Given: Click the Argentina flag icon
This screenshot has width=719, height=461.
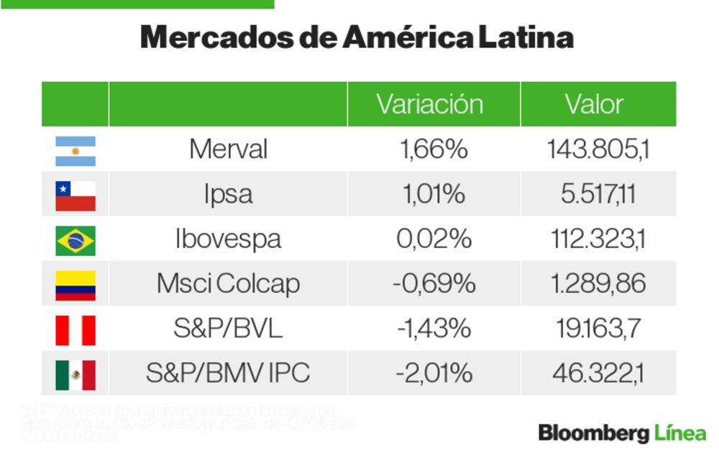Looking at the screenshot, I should [x=75, y=150].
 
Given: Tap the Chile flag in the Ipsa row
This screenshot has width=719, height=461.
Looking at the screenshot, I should [x=75, y=195].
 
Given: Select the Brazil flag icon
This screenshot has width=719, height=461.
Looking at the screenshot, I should [x=75, y=240].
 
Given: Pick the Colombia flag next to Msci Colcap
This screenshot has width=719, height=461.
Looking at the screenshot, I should [x=75, y=285].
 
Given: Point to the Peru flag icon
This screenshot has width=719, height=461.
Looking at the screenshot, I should [x=75, y=330].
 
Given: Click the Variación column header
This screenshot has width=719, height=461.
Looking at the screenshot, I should [x=430, y=104].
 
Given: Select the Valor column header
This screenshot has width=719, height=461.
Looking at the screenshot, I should [x=595, y=104].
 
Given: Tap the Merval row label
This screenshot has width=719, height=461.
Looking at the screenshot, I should [x=228, y=150].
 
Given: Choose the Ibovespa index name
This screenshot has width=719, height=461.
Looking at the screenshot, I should [x=228, y=239].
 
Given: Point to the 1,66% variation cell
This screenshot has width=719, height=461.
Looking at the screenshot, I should [x=434, y=150].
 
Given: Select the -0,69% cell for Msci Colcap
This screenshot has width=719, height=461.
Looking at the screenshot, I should [x=434, y=284].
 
